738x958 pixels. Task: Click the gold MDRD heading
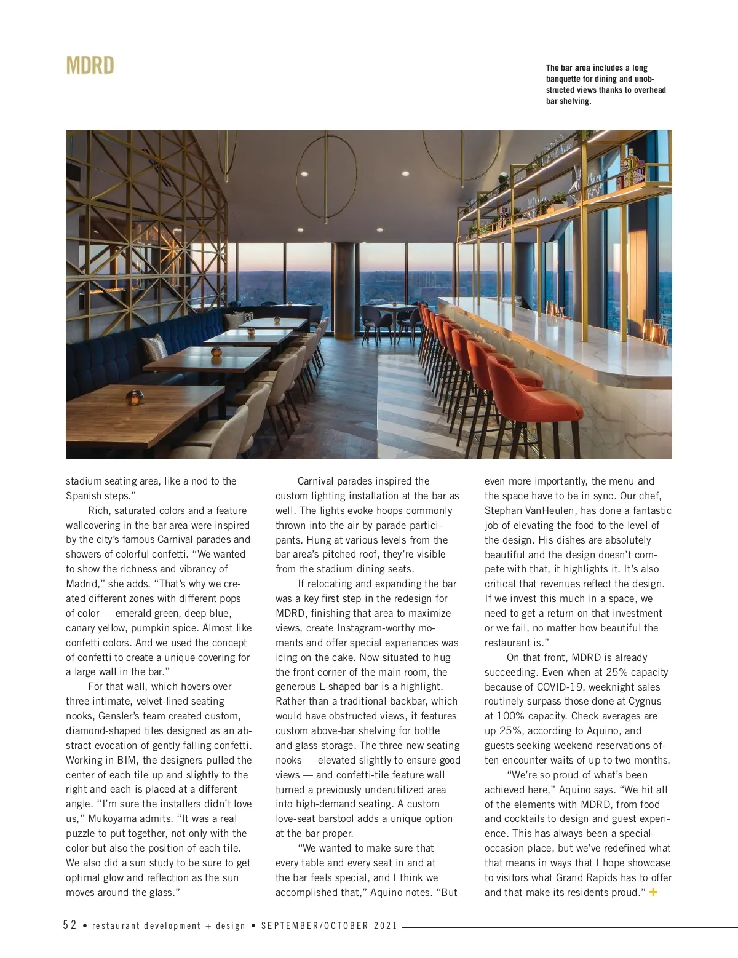click(90, 66)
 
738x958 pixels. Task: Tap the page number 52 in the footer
click(69, 925)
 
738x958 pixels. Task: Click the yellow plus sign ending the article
click(653, 892)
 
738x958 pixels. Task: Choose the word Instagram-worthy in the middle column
click(376, 628)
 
